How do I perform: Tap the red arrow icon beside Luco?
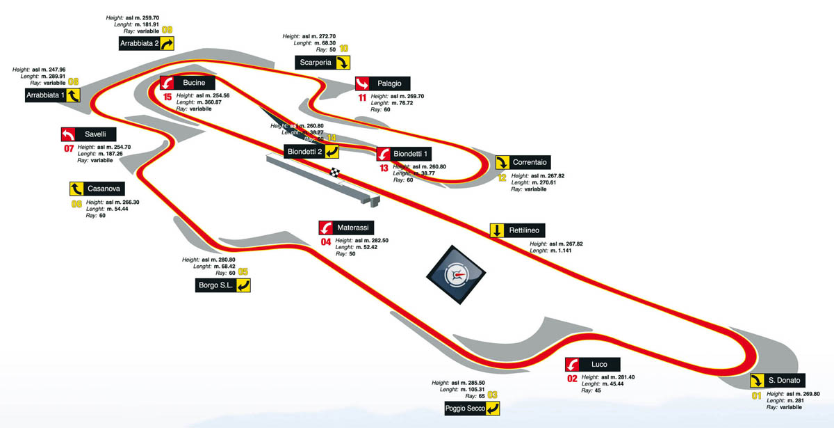click(572, 365)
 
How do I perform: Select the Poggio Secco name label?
click(465, 409)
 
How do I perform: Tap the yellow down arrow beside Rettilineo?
click(498, 230)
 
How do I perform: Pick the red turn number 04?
click(325, 242)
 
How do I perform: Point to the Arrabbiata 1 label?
click(45, 95)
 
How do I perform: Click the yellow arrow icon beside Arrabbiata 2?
click(166, 44)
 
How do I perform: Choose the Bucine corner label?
click(193, 83)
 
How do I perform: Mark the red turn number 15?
click(167, 97)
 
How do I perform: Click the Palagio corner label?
click(389, 84)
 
